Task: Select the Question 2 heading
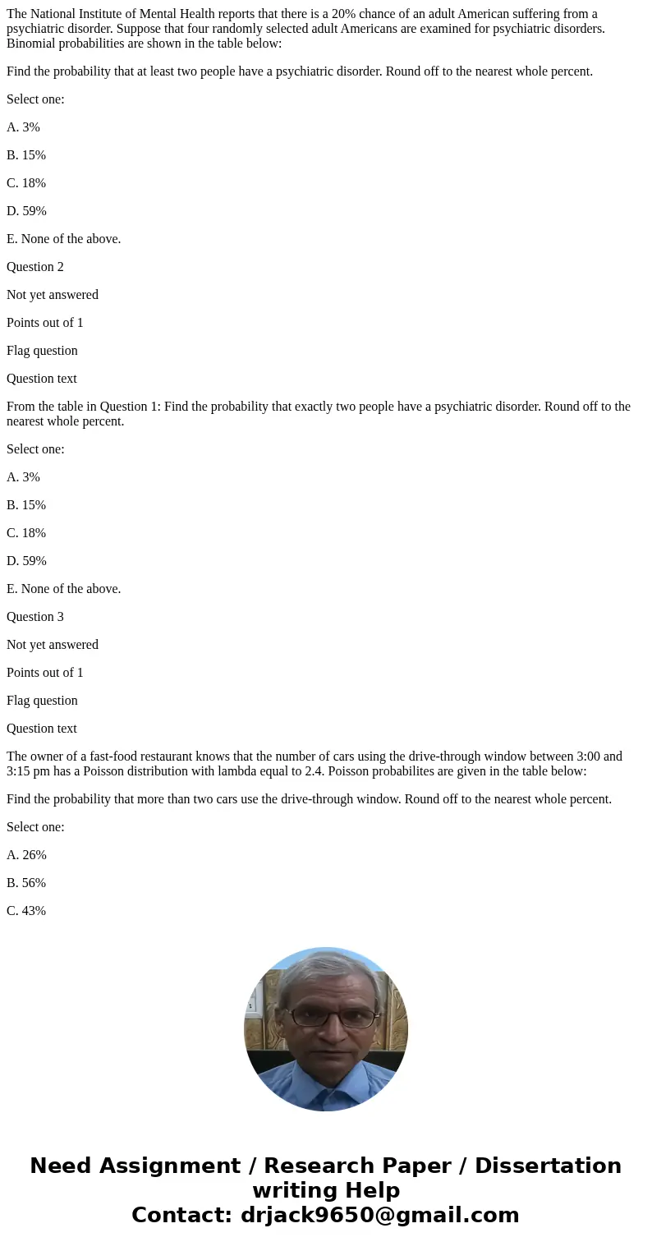click(35, 267)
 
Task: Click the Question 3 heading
click(35, 617)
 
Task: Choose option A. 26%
click(26, 855)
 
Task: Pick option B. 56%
click(26, 883)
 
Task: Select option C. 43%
click(26, 911)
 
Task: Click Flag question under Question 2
click(42, 351)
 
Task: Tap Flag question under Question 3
click(42, 701)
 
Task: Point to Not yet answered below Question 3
click(53, 645)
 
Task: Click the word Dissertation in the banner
click(548, 1166)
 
